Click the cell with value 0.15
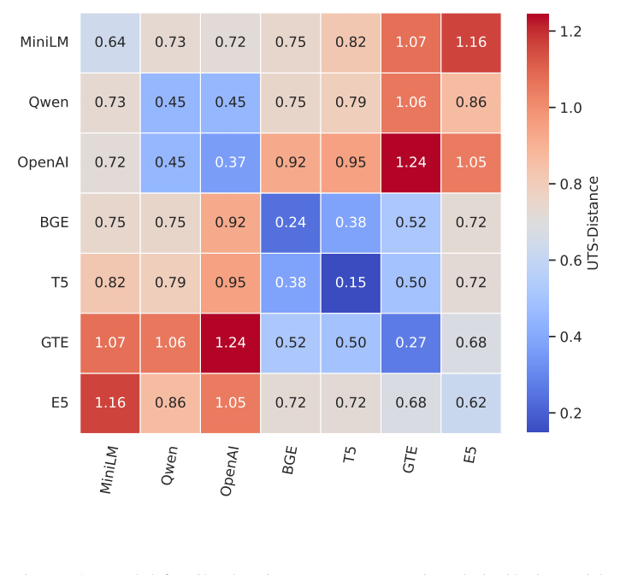[x=351, y=283]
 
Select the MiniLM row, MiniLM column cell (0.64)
[x=110, y=43]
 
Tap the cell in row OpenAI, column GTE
[x=410, y=162]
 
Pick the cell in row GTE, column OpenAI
[x=230, y=343]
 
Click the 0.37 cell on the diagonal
[x=230, y=162]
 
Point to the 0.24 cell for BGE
[x=291, y=223]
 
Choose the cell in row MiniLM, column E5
[x=471, y=43]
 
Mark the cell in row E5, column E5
[x=471, y=402]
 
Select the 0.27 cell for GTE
[x=410, y=343]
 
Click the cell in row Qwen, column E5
[x=471, y=103]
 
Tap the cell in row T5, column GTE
[x=410, y=283]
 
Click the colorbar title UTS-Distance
[x=593, y=223]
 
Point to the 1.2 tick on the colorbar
[x=571, y=32]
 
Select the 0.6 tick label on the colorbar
[x=571, y=261]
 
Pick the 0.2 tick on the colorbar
[x=571, y=414]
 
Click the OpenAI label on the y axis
[x=43, y=162]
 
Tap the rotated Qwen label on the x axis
[x=170, y=465]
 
